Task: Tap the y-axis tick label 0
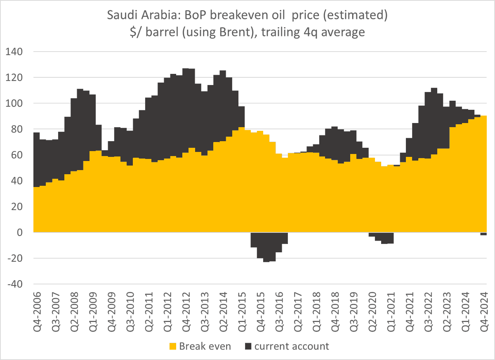point(18,233)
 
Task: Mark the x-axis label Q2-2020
point(372,307)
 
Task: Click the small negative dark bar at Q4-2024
point(484,234)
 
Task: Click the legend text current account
point(292,346)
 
